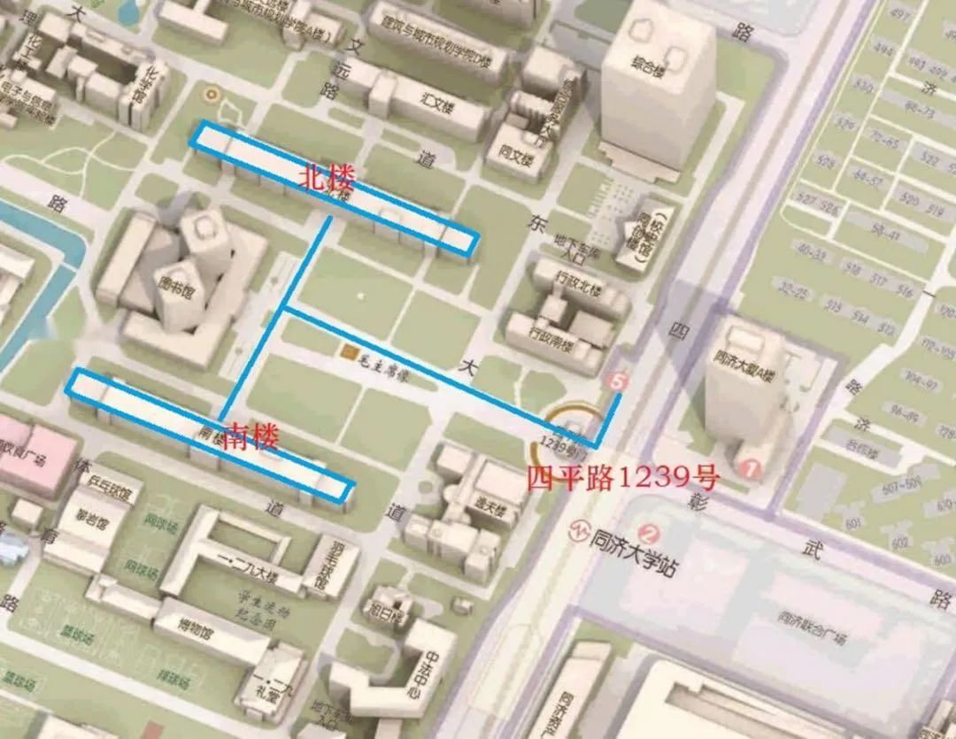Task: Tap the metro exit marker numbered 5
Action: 618,381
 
